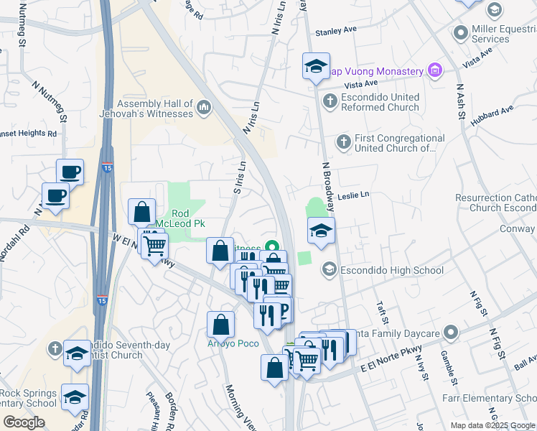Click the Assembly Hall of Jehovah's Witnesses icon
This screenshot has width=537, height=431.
(x=205, y=108)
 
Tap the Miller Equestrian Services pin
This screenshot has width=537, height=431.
(x=461, y=33)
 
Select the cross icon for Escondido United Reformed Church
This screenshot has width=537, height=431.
(x=330, y=101)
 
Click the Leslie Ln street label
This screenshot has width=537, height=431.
(x=352, y=195)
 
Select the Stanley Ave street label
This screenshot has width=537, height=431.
(x=337, y=31)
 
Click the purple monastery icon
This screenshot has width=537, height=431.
(x=434, y=70)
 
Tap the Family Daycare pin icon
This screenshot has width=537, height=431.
(x=450, y=332)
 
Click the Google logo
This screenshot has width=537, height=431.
(x=24, y=422)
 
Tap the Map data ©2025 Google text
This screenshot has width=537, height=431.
(x=492, y=426)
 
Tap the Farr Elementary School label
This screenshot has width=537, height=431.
(x=495, y=399)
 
